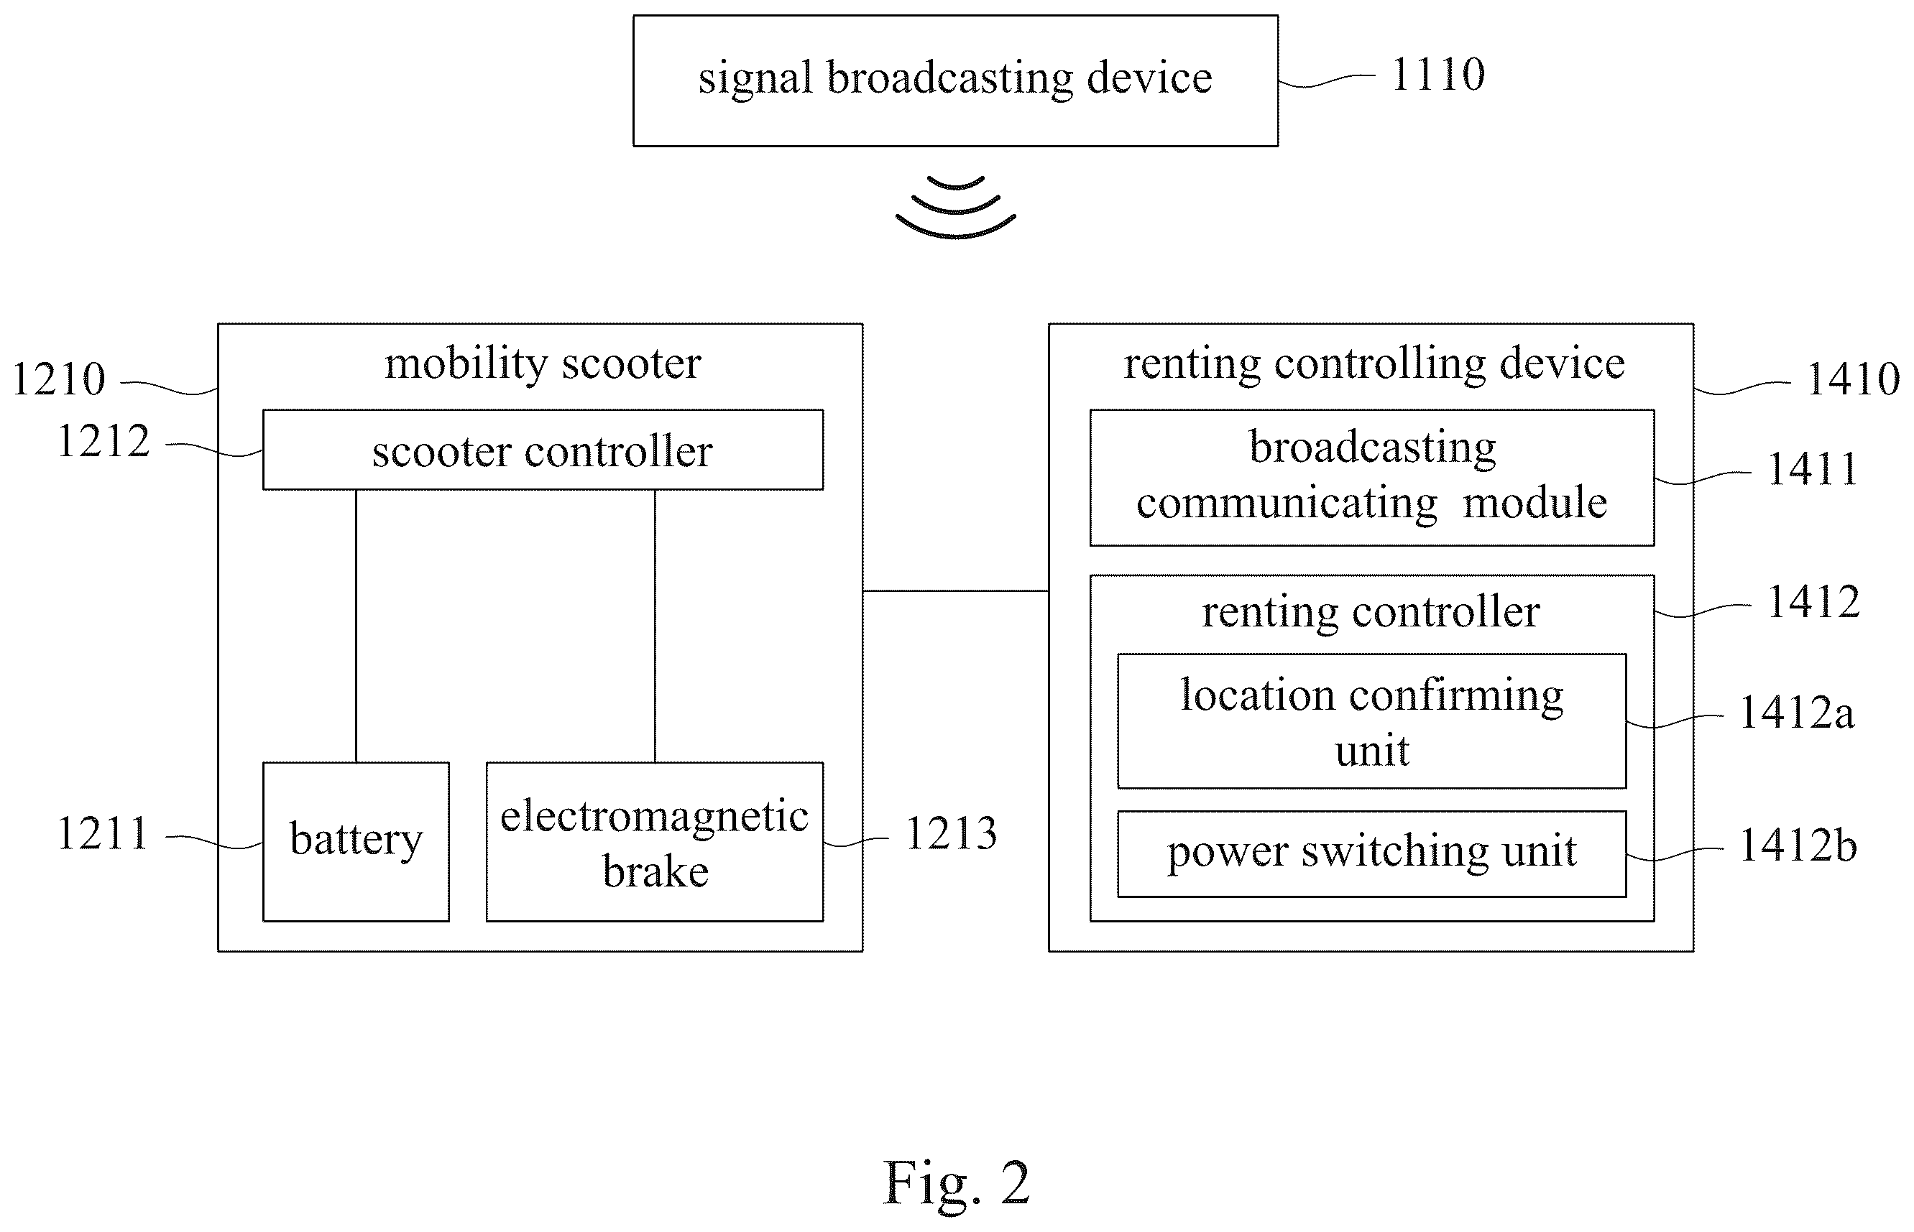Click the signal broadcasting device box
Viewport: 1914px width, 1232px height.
pyautogui.click(x=955, y=80)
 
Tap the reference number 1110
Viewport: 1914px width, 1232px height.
pyautogui.click(x=1438, y=75)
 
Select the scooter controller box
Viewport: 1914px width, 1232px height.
pyautogui.click(x=543, y=450)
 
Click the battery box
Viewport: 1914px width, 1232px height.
pyautogui.click(x=356, y=842)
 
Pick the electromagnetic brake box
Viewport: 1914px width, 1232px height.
pyautogui.click(x=655, y=842)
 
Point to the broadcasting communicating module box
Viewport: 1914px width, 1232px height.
pyautogui.click(x=1371, y=478)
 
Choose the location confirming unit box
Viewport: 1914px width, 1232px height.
pyautogui.click(x=1371, y=721)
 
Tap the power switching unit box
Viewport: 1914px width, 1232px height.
pyautogui.click(x=1371, y=853)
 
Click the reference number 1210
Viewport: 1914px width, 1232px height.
pyautogui.click(x=58, y=379)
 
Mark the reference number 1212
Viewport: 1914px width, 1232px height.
pyautogui.click(x=103, y=441)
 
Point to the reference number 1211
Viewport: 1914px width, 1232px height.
pyautogui.click(x=103, y=833)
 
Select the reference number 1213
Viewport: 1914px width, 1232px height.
pyautogui.click(x=952, y=833)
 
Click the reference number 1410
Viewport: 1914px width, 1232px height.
pyautogui.click(x=1853, y=379)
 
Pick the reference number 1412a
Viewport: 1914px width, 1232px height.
pyautogui.click(x=1796, y=712)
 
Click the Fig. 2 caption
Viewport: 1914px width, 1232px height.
pyautogui.click(x=956, y=1182)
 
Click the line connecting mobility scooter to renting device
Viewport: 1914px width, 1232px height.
pyautogui.click(x=955, y=591)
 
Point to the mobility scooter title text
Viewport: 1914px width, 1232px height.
pyautogui.click(x=543, y=364)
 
